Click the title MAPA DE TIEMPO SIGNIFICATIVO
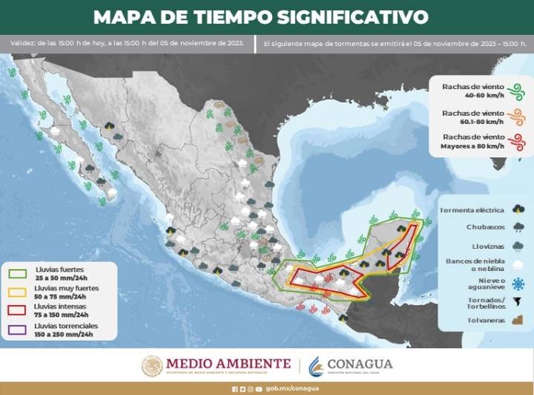coord(261,17)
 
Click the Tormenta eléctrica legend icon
coord(517,211)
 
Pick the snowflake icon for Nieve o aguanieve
coord(517,283)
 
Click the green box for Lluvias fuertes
coord(16,272)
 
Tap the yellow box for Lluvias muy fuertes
coord(16,291)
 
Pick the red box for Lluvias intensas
coord(16,310)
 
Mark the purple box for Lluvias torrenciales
coord(16,330)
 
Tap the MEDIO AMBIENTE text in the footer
coord(228,363)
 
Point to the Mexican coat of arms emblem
coord(152,365)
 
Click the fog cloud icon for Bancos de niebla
coord(517,264)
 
